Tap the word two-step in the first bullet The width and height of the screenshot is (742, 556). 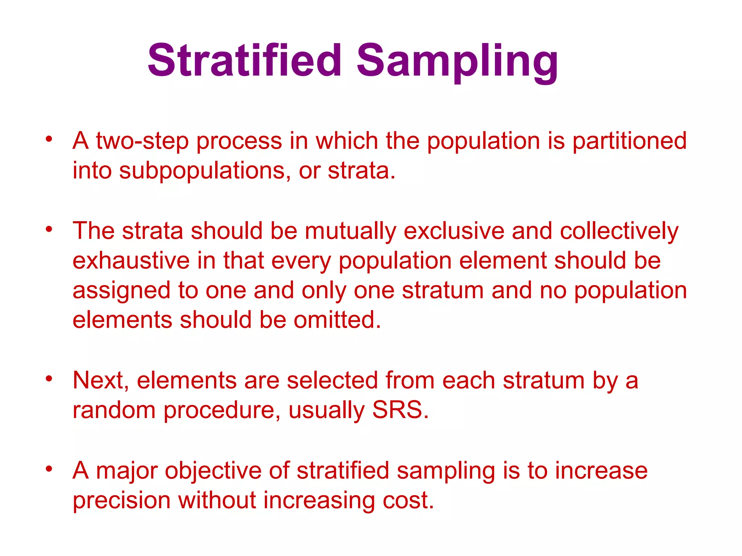(x=142, y=141)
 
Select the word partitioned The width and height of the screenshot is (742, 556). (x=629, y=141)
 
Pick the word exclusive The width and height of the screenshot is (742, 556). (x=454, y=231)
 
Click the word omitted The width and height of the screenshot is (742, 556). (x=337, y=320)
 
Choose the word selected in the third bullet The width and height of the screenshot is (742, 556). (x=332, y=380)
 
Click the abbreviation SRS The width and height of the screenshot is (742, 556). (x=400, y=410)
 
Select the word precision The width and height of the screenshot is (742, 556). (x=121, y=501)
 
